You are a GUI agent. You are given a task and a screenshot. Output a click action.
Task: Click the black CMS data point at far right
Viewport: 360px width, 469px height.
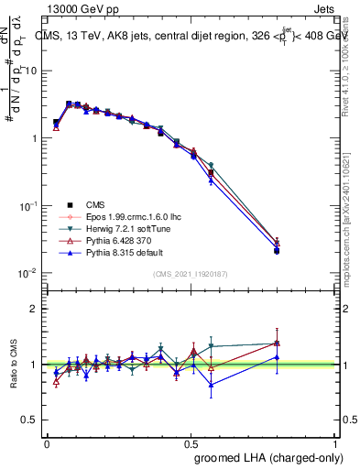point(277,250)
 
